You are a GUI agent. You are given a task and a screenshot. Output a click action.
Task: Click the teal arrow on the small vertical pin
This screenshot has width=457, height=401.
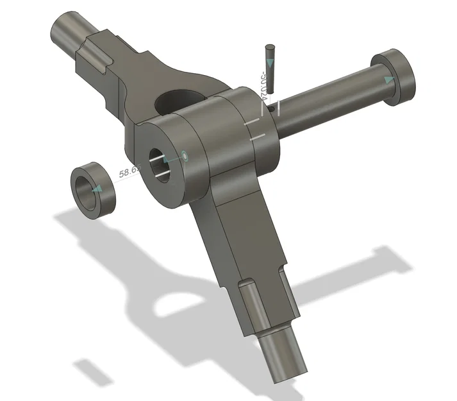[270, 63]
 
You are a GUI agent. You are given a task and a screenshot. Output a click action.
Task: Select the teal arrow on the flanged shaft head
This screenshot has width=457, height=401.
[388, 80]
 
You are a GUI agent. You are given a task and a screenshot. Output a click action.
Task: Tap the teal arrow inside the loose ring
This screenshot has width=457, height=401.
[97, 189]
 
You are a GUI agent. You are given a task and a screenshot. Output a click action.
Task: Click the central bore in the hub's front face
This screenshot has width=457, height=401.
[160, 164]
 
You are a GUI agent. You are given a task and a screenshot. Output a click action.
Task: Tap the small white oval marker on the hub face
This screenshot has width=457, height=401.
[185, 155]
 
